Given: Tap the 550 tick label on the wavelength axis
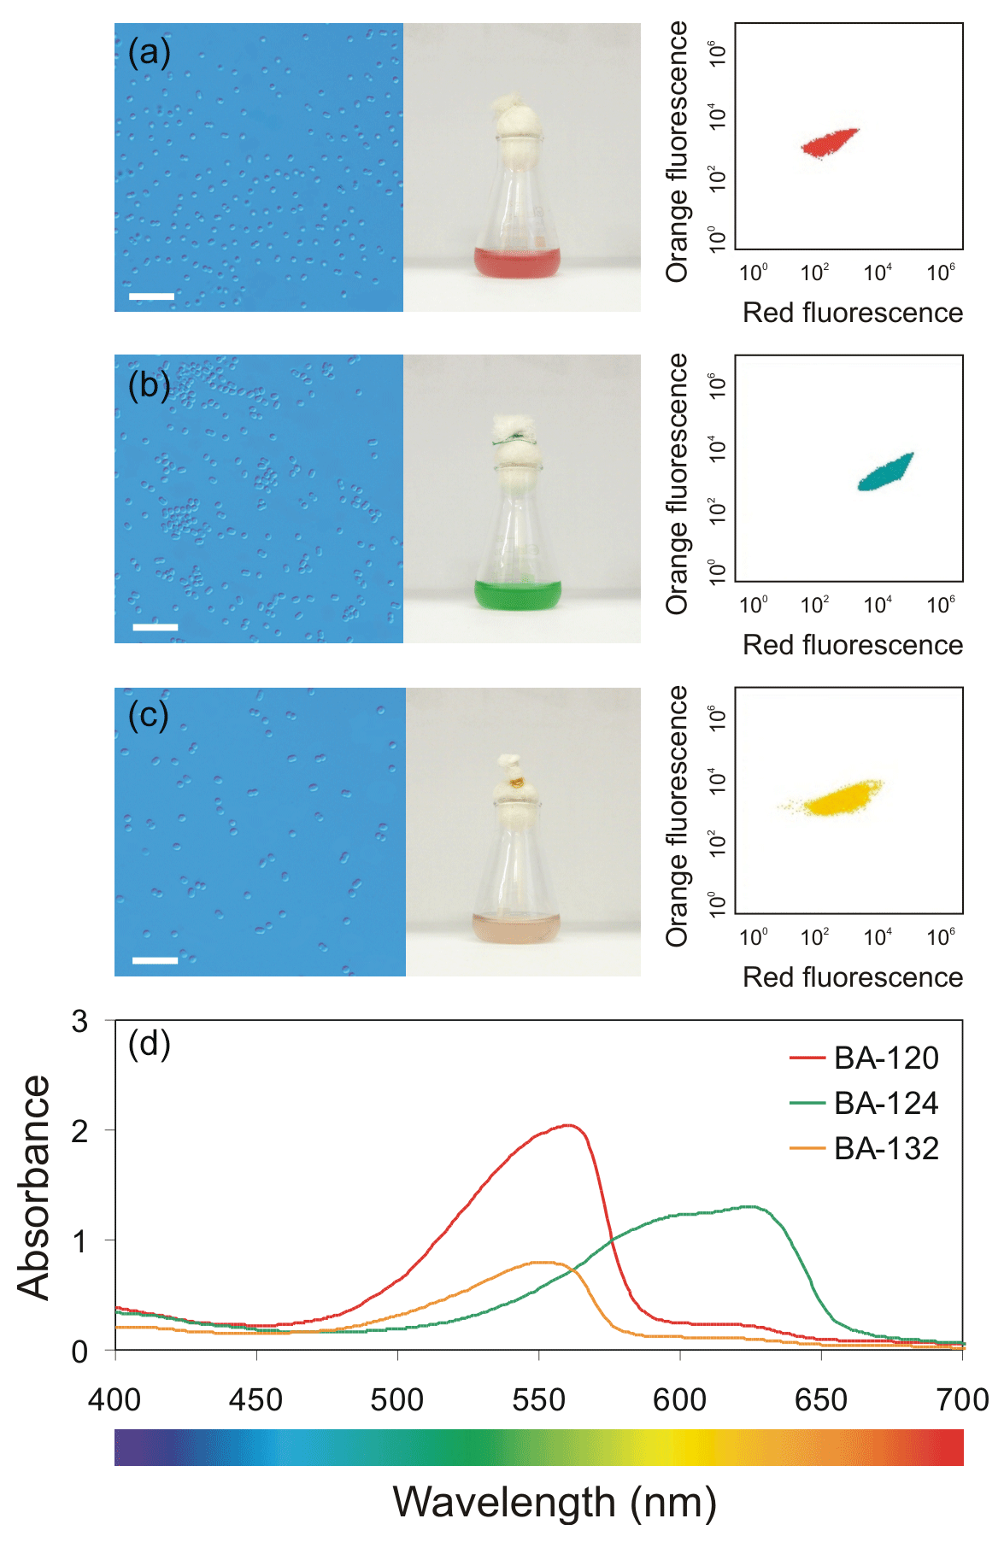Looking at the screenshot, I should coord(538,1400).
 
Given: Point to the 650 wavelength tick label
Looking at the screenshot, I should coord(821,1400).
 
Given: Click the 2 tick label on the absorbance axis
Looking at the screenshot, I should coord(79,1131).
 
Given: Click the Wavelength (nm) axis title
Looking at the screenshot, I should coord(555,1502).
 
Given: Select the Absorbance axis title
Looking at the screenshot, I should coord(34,1187).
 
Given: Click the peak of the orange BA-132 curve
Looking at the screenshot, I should coord(541,1262).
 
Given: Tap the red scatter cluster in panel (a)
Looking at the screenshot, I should coord(830,143).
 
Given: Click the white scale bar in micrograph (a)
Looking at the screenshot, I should coord(151,296).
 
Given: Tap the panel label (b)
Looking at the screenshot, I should coord(149,384).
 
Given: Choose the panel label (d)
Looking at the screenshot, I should coord(149,1043).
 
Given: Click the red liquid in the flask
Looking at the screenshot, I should coord(518,262).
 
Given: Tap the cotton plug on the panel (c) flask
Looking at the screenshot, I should coord(516,782).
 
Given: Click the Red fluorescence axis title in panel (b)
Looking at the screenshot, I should coord(852,645).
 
